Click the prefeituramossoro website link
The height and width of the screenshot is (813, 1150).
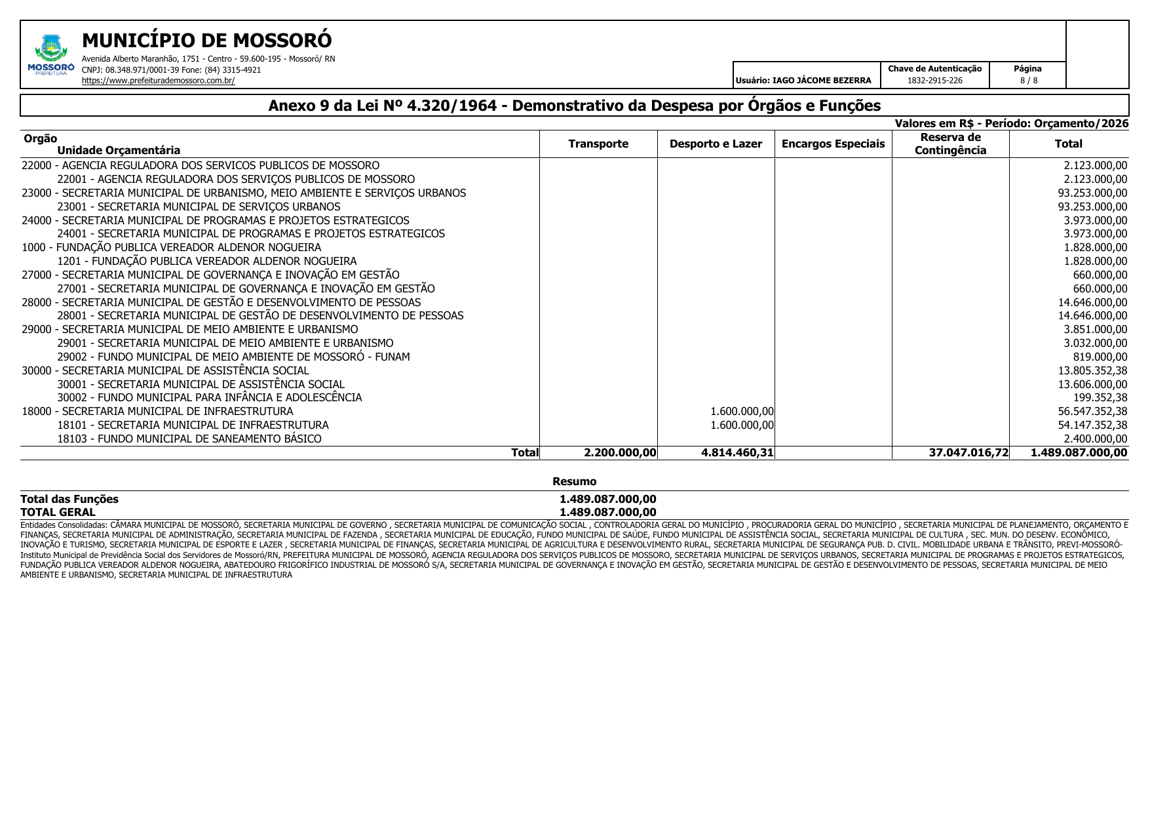pyautogui.click(x=158, y=81)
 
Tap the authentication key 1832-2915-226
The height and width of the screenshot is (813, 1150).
pyautogui.click(x=934, y=81)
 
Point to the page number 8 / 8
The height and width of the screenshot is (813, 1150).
pyautogui.click(x=1028, y=81)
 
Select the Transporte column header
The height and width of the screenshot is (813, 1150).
pyautogui.click(x=598, y=144)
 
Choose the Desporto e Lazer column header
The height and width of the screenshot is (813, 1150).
pyautogui.click(x=716, y=144)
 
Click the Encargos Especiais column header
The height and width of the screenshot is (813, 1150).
pyautogui.click(x=833, y=144)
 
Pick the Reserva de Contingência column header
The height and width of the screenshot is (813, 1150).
pyautogui.click(x=950, y=144)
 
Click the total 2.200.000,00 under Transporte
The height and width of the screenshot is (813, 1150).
pyautogui.click(x=620, y=452)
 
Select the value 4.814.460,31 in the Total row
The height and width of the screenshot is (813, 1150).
pyautogui.click(x=737, y=452)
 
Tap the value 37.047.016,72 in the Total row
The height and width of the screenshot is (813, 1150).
pyautogui.click(x=968, y=452)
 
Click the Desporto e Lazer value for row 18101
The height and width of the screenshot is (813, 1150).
pyautogui.click(x=742, y=425)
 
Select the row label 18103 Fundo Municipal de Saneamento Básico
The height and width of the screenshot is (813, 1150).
pyautogui.click(x=189, y=439)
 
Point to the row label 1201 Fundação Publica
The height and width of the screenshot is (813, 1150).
pyautogui.click(x=207, y=261)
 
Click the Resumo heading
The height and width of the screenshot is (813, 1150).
pyautogui.click(x=574, y=481)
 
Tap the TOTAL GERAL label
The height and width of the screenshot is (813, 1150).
pyautogui.click(x=58, y=512)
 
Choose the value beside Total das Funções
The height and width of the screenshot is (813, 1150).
pyautogui.click(x=607, y=499)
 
